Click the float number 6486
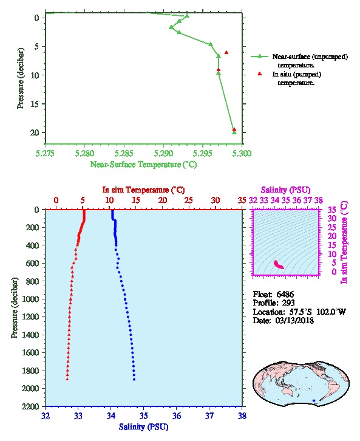coord(285,295)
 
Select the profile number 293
coord(288,303)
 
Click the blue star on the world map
coord(314,400)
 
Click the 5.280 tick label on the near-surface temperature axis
coord(84,154)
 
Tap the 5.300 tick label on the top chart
coord(242,154)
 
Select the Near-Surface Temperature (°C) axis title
coord(143,165)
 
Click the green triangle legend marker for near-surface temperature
coord(259,56)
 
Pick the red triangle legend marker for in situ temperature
coord(259,74)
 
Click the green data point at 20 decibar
coord(234,132)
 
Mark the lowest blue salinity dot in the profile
coord(134,380)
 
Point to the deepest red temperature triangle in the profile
coord(67,379)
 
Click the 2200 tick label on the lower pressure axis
coord(30,406)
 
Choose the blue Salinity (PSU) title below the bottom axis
coord(143,427)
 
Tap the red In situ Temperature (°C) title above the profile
coord(143,190)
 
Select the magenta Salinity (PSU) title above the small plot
coord(285,190)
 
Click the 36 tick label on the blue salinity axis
coord(176,416)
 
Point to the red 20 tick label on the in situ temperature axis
coord(163,200)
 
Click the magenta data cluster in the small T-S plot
coord(279,265)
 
